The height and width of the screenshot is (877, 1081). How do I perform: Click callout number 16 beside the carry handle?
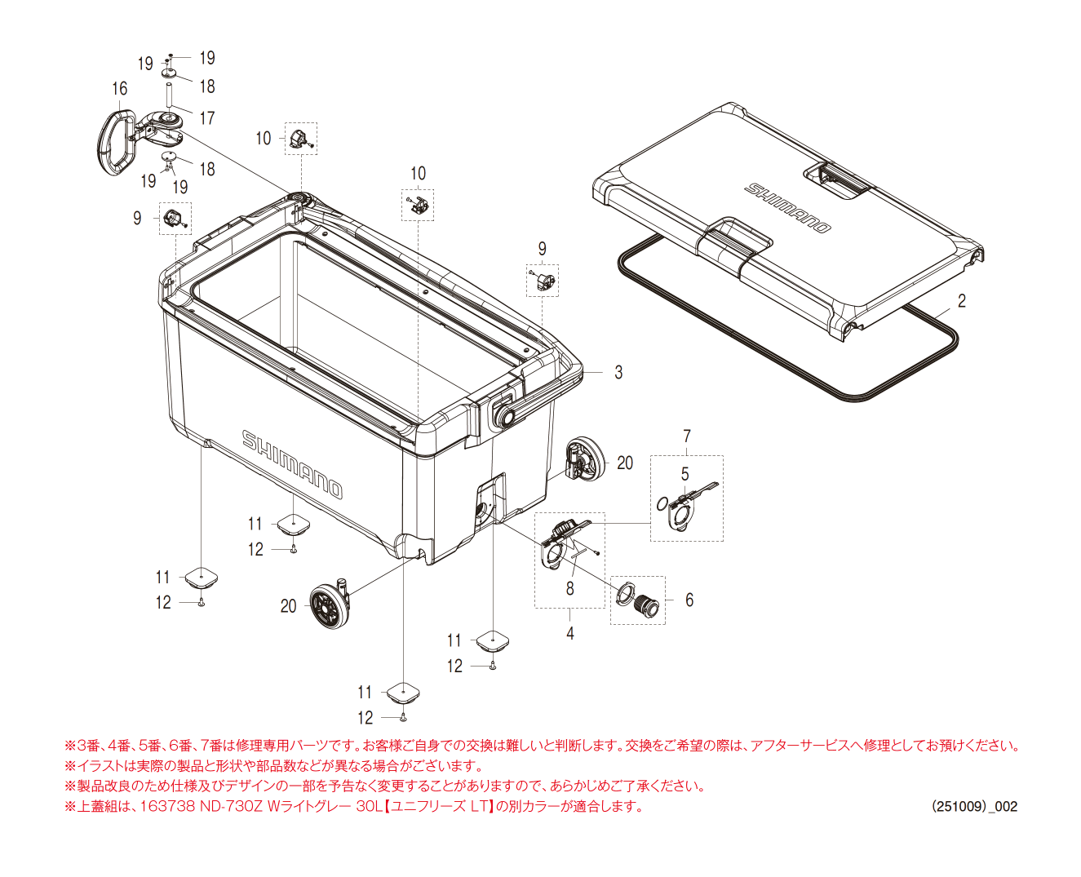click(119, 89)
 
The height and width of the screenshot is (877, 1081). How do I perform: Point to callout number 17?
click(207, 118)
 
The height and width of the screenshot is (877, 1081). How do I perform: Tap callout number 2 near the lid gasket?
click(962, 301)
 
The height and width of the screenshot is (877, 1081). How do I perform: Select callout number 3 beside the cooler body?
click(618, 373)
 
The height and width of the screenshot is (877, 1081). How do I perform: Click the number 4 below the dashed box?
click(570, 633)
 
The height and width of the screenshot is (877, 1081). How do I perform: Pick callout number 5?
click(684, 474)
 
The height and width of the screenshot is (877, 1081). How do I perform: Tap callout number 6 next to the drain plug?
click(689, 600)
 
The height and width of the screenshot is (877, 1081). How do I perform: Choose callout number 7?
click(687, 436)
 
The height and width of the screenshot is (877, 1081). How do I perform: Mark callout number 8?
click(569, 588)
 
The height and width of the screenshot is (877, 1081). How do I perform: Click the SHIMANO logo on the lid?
click(788, 207)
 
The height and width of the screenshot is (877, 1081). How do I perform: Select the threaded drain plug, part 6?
click(648, 605)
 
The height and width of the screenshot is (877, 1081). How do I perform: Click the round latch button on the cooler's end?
click(504, 416)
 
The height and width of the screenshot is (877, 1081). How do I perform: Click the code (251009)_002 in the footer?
click(974, 807)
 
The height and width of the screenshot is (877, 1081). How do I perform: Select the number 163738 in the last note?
click(167, 807)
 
